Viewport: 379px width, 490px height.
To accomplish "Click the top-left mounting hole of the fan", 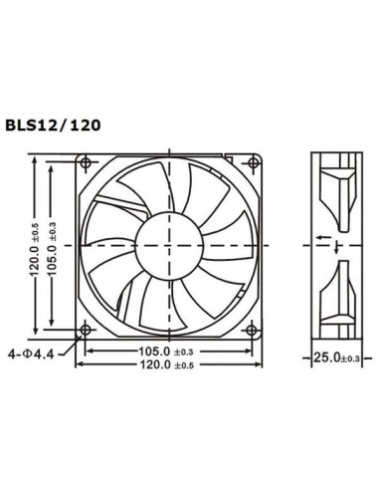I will [x=88, y=162].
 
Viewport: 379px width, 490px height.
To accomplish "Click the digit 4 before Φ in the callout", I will [x=12, y=352].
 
